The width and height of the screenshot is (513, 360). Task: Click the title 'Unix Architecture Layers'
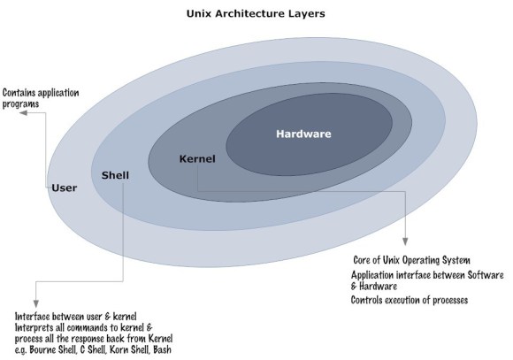click(x=257, y=14)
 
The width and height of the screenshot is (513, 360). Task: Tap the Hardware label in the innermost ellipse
click(x=303, y=134)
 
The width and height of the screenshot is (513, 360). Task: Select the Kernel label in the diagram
click(x=197, y=158)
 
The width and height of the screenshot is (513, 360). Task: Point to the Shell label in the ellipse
click(x=116, y=174)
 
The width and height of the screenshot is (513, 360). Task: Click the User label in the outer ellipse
click(x=65, y=187)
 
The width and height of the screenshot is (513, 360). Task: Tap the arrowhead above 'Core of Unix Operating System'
click(x=405, y=245)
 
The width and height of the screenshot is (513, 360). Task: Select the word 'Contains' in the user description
click(x=22, y=91)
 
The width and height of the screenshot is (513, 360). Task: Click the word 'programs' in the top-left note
click(x=21, y=103)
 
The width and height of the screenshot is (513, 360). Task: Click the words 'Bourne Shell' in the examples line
click(x=56, y=349)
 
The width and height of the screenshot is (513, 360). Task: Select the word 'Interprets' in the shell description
click(x=36, y=327)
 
